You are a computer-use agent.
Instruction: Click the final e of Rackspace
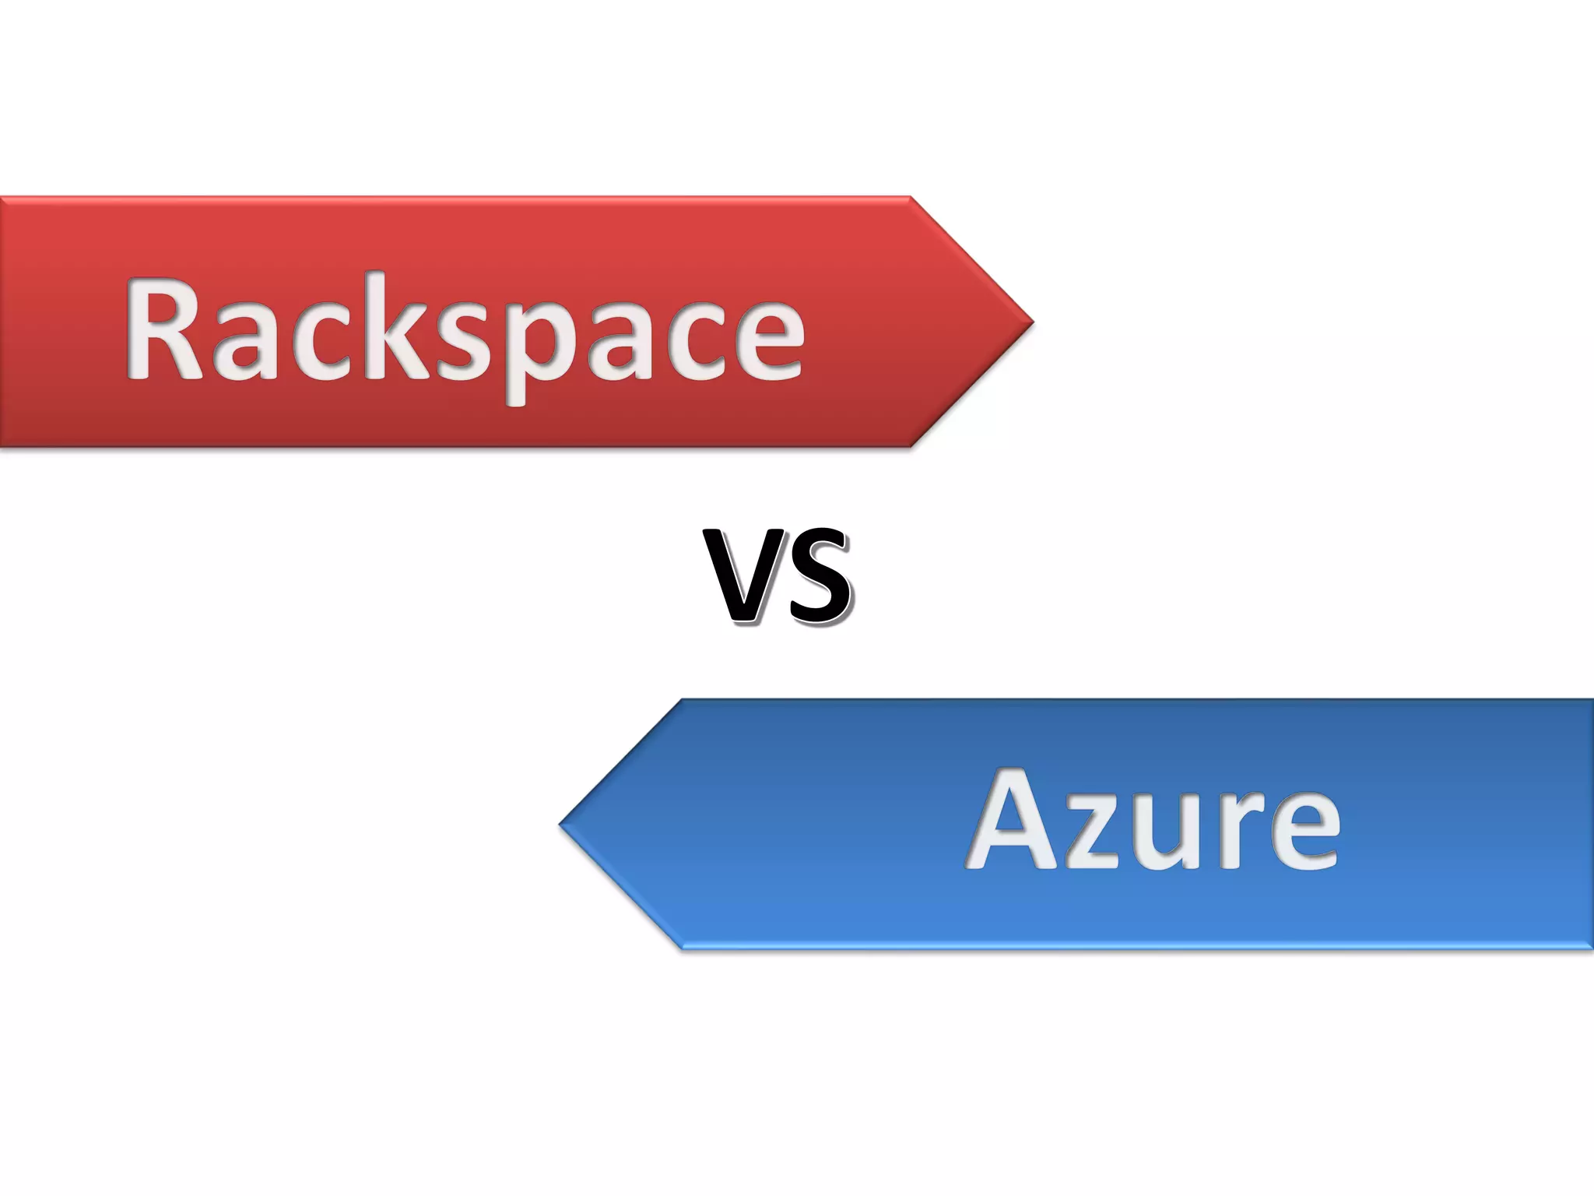tap(767, 341)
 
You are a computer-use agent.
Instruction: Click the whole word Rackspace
tap(465, 335)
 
